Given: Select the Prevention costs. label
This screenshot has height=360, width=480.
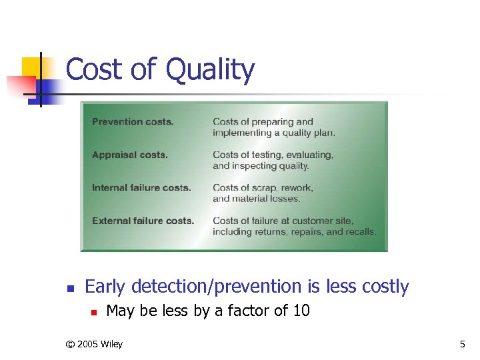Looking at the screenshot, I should pyautogui.click(x=133, y=122).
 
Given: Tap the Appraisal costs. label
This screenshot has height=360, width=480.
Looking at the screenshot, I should pyautogui.click(x=130, y=155).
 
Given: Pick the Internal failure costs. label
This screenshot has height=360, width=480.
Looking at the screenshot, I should pyautogui.click(x=141, y=188).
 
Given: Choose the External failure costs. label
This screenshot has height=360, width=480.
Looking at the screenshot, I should pyautogui.click(x=143, y=221).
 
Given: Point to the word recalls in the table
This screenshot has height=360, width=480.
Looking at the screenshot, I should pyautogui.click(x=360, y=232).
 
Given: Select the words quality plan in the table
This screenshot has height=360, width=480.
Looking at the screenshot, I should pyautogui.click(x=313, y=133).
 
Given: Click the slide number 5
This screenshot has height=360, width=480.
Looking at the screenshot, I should pyautogui.click(x=463, y=344).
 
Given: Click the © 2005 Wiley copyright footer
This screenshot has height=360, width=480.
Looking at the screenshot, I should pyautogui.click(x=94, y=344).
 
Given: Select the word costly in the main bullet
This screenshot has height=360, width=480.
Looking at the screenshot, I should pyautogui.click(x=385, y=287).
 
